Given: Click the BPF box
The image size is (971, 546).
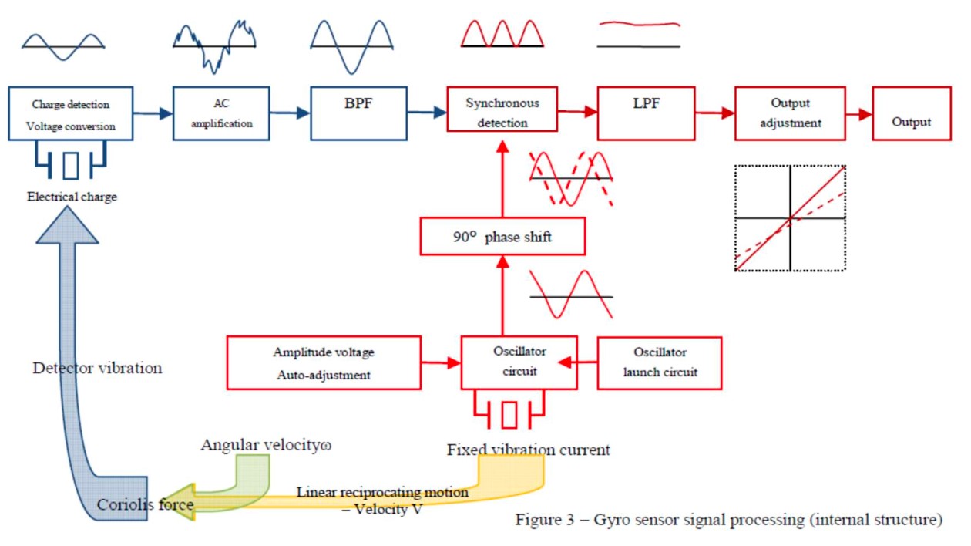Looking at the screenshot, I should [x=358, y=113].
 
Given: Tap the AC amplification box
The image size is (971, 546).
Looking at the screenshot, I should [x=221, y=113].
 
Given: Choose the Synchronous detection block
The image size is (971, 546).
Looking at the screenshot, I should [x=502, y=113].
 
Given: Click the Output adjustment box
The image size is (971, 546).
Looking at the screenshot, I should [x=790, y=113].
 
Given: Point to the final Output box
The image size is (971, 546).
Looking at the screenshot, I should [x=911, y=113].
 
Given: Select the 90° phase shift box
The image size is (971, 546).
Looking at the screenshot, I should [x=502, y=237].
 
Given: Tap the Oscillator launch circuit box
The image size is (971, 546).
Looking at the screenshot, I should [x=660, y=362].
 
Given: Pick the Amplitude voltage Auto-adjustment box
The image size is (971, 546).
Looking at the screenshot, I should [x=324, y=362].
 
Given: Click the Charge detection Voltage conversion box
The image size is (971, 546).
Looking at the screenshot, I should [x=71, y=114].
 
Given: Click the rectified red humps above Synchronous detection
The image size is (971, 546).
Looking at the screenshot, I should [x=502, y=34].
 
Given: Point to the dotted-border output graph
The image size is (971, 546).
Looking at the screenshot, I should [x=790, y=218].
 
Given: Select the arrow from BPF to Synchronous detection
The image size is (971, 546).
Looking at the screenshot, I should [x=427, y=113].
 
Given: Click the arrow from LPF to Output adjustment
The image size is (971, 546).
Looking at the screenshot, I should [x=714, y=113].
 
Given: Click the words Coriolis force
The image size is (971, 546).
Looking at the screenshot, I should [x=145, y=505].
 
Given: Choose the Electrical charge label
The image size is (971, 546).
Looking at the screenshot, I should [x=72, y=197].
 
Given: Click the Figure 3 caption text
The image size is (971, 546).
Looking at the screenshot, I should [x=728, y=520].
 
